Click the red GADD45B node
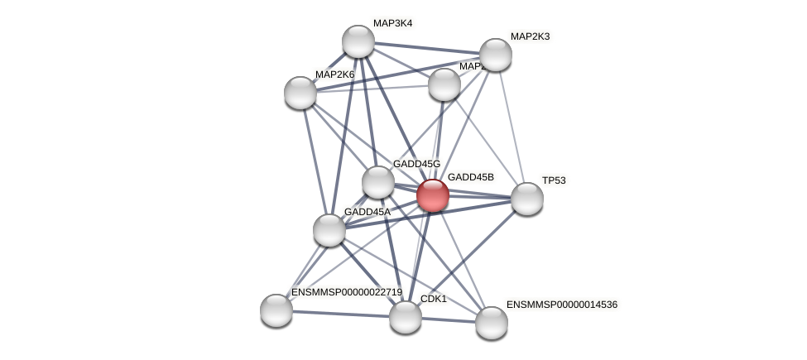point(432,195)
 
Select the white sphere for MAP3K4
point(358,41)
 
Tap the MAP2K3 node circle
point(495,55)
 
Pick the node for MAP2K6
point(300,92)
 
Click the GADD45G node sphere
point(378,182)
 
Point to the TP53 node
point(526,199)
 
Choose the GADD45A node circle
point(329,229)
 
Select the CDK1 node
point(405,316)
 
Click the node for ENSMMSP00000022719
point(276,310)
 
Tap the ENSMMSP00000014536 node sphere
point(491,322)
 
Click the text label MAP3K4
point(392,23)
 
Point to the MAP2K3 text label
point(530,36)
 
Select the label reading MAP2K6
point(334,74)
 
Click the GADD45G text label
point(416,164)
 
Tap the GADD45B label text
point(470,177)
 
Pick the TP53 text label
point(554,180)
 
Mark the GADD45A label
point(367,212)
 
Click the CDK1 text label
point(434,299)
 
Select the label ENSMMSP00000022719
point(346,292)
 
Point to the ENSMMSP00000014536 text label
point(562,305)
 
